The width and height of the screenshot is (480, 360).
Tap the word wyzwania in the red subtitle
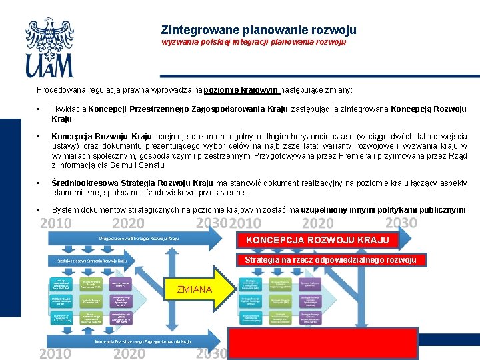point(179,42)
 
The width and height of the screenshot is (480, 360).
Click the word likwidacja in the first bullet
point(69,109)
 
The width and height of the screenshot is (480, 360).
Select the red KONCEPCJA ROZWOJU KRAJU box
point(318,240)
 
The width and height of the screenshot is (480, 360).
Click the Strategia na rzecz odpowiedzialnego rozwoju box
point(330,259)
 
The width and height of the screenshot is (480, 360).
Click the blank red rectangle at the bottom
point(323,343)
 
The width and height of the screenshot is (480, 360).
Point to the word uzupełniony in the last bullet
point(326,210)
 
